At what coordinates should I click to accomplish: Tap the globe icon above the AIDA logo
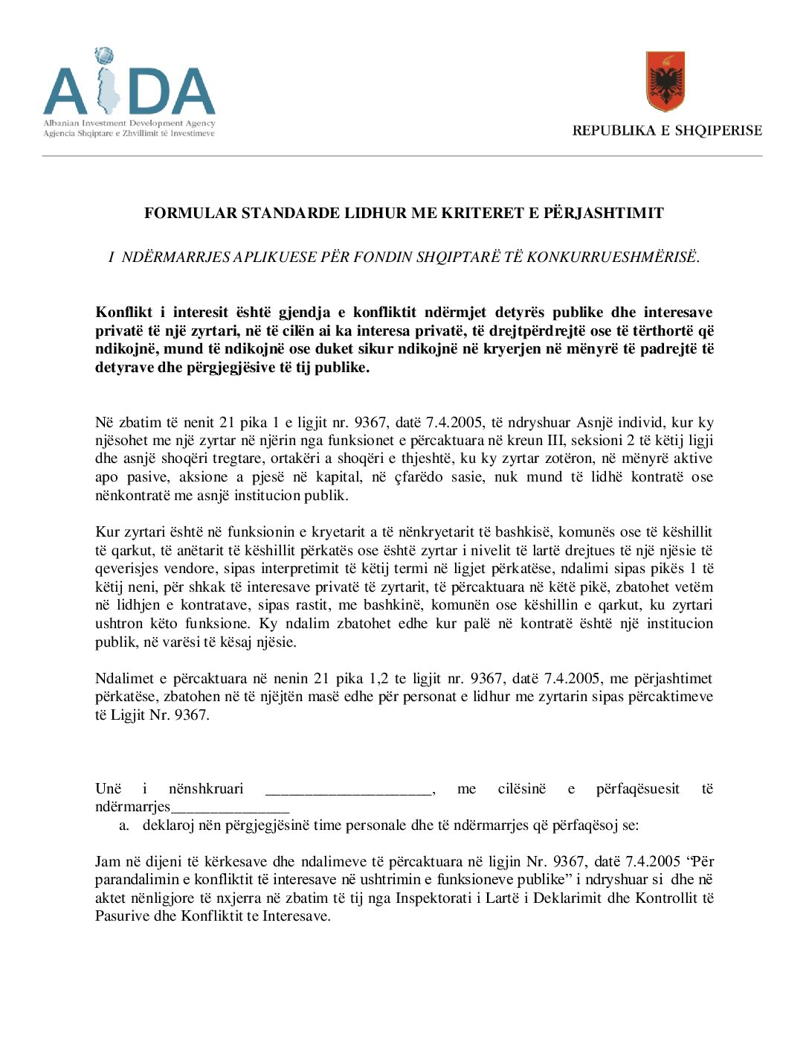pos(104,56)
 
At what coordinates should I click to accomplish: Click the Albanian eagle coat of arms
pos(665,81)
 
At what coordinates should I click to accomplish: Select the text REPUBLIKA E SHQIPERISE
pos(667,130)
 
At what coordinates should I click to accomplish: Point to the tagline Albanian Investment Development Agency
pos(129,124)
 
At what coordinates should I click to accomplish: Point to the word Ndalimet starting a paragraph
pos(124,679)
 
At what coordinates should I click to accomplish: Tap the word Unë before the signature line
pos(108,789)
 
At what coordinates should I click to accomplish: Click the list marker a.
pos(124,825)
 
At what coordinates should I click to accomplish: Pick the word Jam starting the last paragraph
pos(108,862)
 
